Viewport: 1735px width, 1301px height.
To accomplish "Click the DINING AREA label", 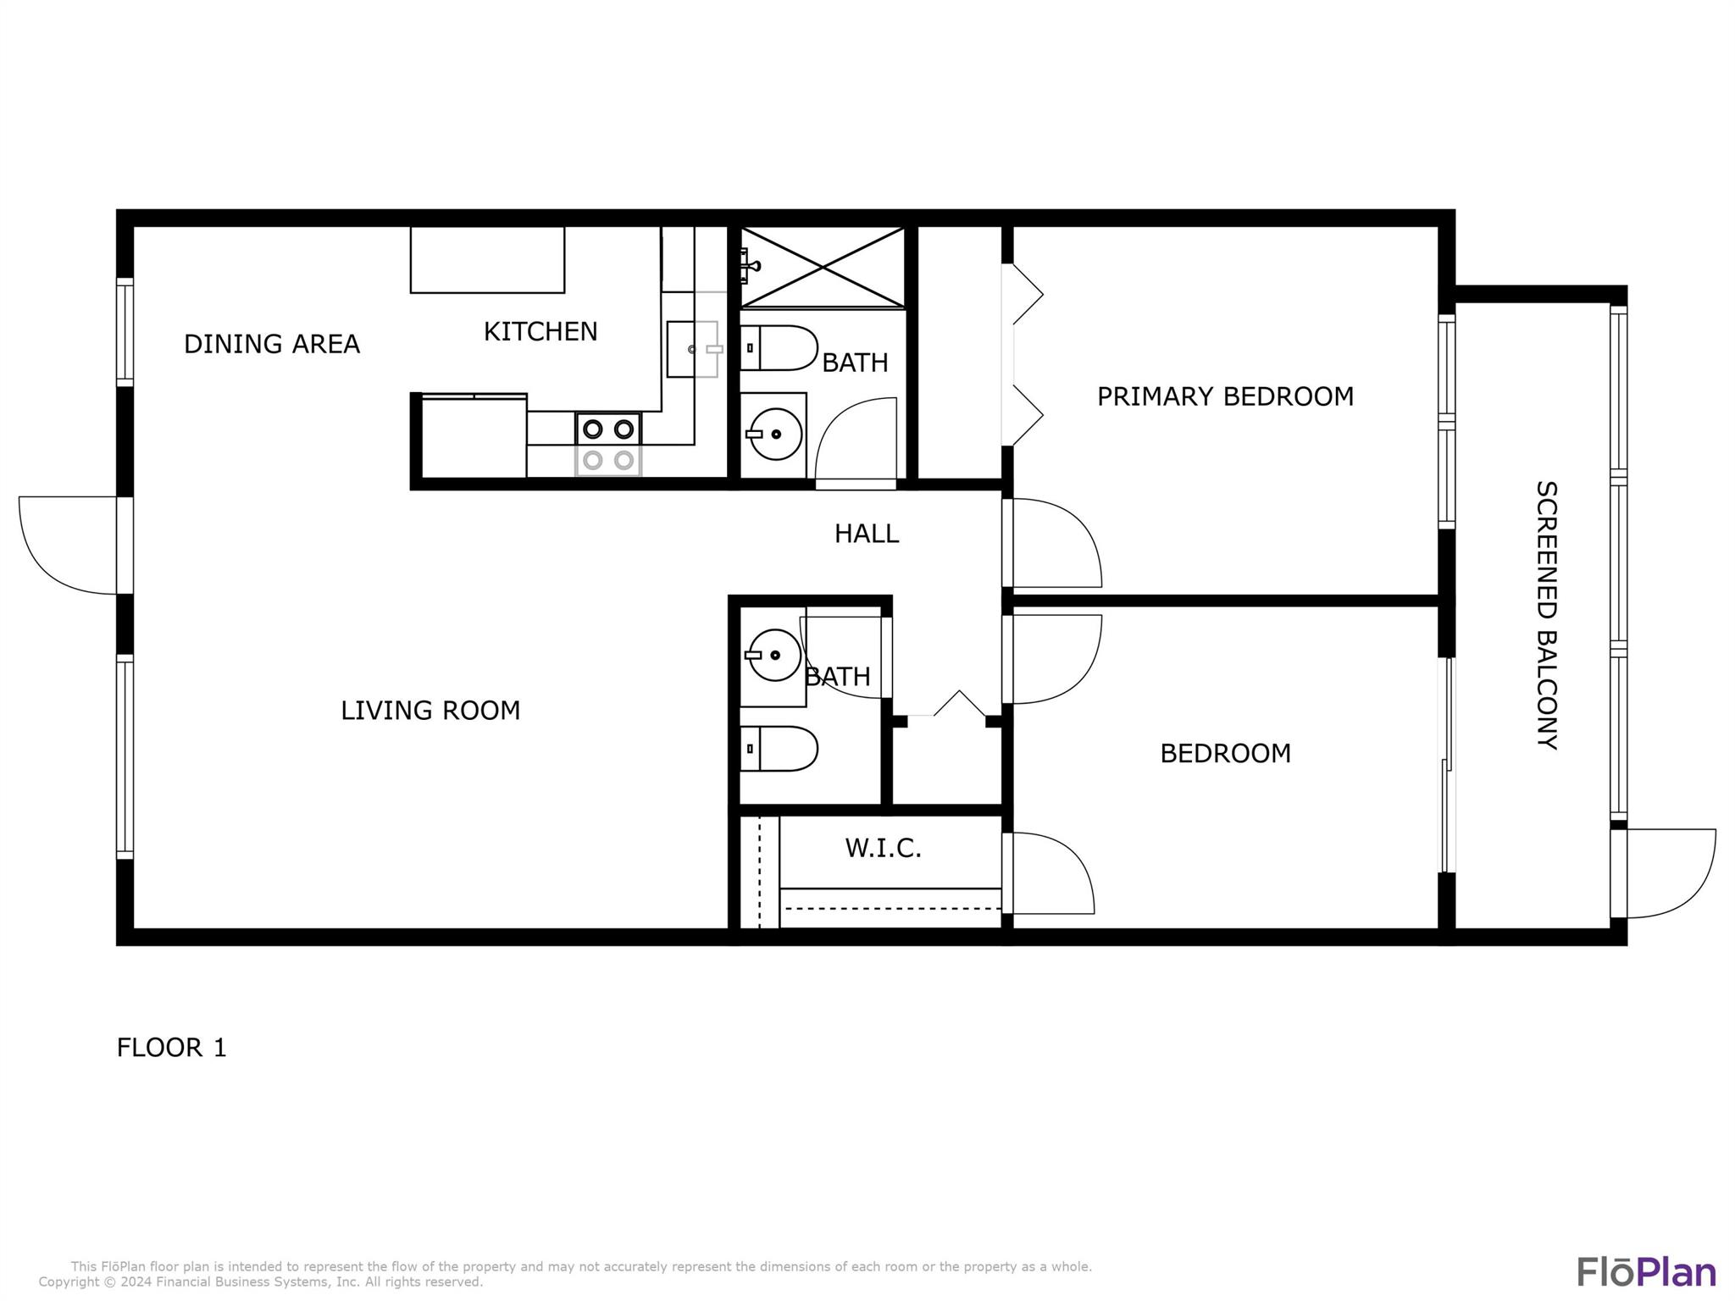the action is pos(272,344).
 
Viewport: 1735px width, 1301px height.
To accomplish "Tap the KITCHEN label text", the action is pos(540,331).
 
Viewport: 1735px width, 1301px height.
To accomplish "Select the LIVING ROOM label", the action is pos(430,710).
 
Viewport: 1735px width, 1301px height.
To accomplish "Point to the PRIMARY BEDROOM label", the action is pos(1225,396).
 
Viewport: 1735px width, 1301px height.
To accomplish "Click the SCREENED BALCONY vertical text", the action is pos(1547,615).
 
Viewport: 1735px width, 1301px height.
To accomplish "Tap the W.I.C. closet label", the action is pos(883,848).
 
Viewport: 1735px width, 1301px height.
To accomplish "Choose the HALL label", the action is pos(867,534).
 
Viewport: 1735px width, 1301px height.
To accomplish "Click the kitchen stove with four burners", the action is pos(608,445).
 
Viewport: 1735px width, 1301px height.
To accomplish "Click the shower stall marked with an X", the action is pos(823,267).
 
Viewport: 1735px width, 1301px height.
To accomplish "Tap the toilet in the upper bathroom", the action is pos(779,348).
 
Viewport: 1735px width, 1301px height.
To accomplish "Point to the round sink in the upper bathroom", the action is pos(775,435).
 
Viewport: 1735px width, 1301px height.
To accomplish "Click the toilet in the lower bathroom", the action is pos(779,749).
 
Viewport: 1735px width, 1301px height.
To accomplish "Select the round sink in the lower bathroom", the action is pos(773,655).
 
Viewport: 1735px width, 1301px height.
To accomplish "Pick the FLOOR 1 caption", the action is pos(172,1048).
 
